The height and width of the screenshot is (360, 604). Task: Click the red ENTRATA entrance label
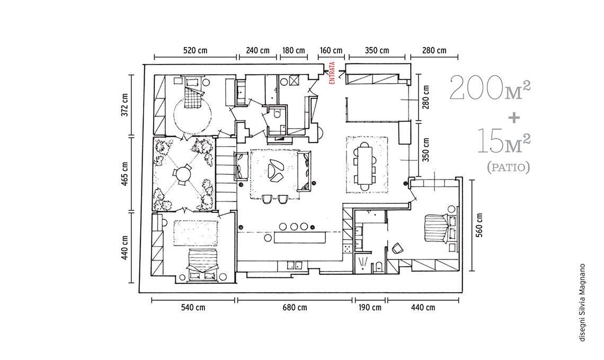[332, 73]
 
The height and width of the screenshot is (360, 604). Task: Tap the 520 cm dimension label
[196, 50]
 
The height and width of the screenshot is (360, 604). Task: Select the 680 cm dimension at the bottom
[295, 307]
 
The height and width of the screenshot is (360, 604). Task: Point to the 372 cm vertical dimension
[125, 105]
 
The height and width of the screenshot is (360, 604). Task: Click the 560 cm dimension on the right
[479, 225]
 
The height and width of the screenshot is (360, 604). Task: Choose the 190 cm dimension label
[370, 307]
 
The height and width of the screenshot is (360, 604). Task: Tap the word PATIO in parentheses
[509, 167]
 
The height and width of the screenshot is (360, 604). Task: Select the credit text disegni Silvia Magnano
[582, 302]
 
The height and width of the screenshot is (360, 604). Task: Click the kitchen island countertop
[300, 237]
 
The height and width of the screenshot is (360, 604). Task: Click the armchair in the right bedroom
[397, 249]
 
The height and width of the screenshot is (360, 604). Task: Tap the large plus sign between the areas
[514, 118]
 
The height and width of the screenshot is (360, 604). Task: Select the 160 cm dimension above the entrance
[331, 50]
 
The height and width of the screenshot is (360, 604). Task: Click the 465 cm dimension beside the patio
[125, 174]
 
